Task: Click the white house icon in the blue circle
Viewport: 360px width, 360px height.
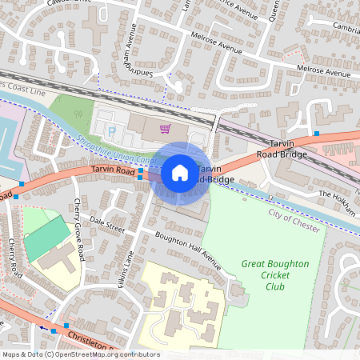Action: click(x=180, y=172)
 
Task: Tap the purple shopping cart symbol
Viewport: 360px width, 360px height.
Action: click(x=165, y=128)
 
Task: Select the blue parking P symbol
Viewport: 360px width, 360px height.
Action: click(x=112, y=130)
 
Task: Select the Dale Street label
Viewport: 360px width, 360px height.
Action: click(x=107, y=223)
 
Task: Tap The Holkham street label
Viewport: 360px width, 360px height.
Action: click(x=335, y=194)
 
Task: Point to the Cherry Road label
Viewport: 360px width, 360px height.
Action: click(x=14, y=255)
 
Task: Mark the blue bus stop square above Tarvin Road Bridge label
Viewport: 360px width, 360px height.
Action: click(x=318, y=133)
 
